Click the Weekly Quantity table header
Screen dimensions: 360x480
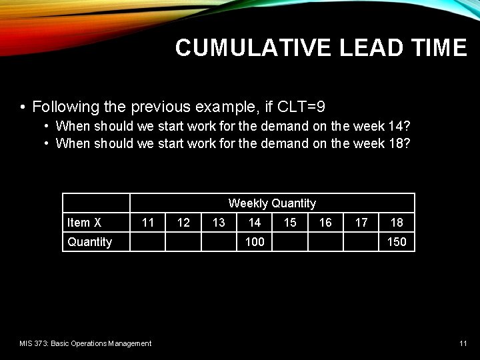pos(272,203)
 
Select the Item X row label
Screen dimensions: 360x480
pos(85,223)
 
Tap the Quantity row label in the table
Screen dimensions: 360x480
pos(90,242)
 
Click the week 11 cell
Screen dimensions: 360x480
pos(148,223)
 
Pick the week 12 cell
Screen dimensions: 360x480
pos(183,223)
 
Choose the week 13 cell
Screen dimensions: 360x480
pos(219,223)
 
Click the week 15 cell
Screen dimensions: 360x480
pos(290,223)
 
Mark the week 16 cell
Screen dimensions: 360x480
pos(325,223)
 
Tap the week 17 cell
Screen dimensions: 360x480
pos(361,223)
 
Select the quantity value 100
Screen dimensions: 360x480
pos(255,242)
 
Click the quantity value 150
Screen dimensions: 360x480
pos(397,242)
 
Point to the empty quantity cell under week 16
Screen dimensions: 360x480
pos(325,242)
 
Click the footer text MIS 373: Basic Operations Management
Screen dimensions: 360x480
pos(85,343)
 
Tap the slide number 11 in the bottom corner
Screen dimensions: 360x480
pos(463,343)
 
